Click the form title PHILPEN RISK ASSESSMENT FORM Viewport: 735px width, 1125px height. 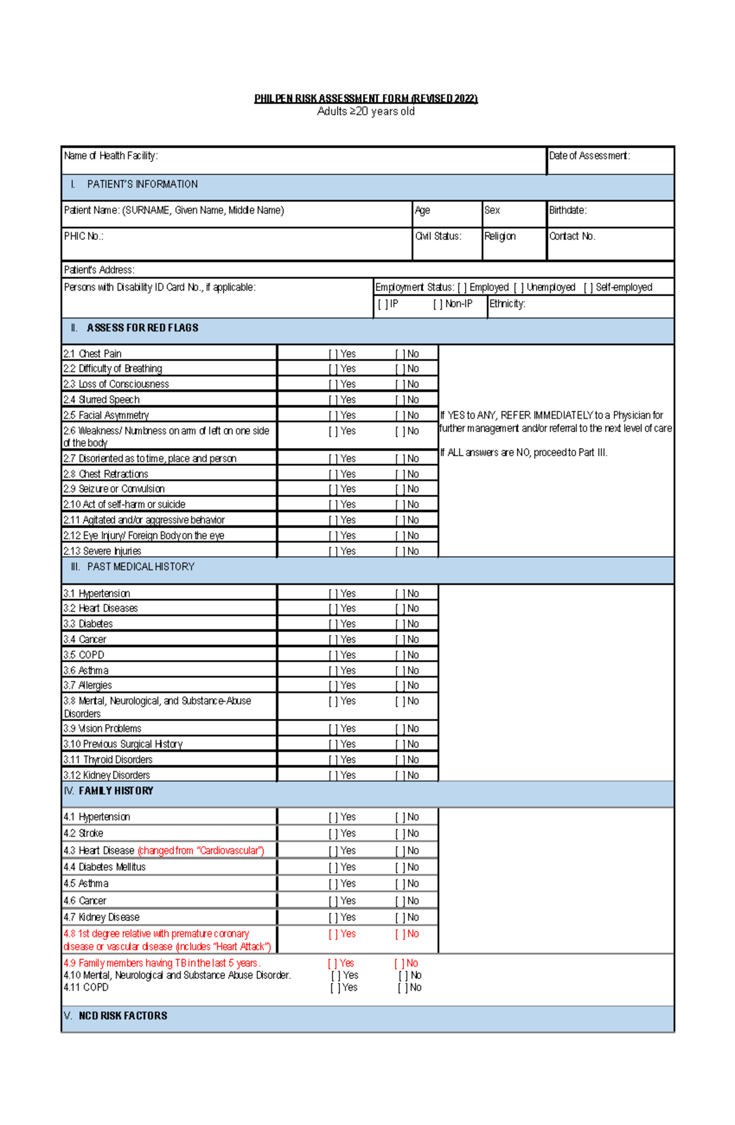click(366, 98)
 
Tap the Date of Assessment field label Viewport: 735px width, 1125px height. click(589, 156)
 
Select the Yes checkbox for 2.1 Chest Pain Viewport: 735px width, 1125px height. click(333, 354)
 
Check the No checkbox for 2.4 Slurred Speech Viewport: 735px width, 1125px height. click(399, 400)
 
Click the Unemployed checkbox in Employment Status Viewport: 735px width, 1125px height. click(518, 288)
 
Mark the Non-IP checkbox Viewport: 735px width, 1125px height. click(437, 304)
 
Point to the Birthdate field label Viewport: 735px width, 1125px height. click(567, 210)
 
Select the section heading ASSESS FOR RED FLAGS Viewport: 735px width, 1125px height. click(142, 328)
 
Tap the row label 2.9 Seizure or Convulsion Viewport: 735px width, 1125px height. click(114, 489)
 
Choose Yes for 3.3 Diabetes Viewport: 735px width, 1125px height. click(333, 624)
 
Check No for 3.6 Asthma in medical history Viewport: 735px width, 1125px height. click(399, 671)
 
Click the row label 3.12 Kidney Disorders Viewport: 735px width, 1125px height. click(107, 776)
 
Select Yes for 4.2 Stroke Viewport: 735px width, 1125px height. click(333, 834)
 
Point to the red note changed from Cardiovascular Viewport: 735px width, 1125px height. click(201, 851)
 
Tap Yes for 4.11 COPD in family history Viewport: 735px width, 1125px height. click(334, 988)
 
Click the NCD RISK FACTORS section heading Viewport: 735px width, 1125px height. click(123, 1016)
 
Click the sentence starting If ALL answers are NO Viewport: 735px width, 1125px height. click(524, 453)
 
